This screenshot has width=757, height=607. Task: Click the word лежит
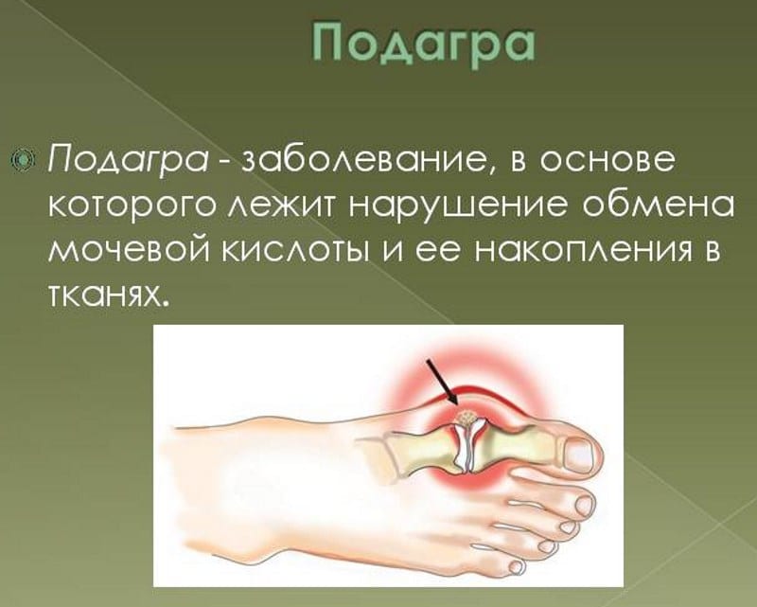coord(292,205)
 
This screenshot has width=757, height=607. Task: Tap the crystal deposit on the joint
coord(465,417)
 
